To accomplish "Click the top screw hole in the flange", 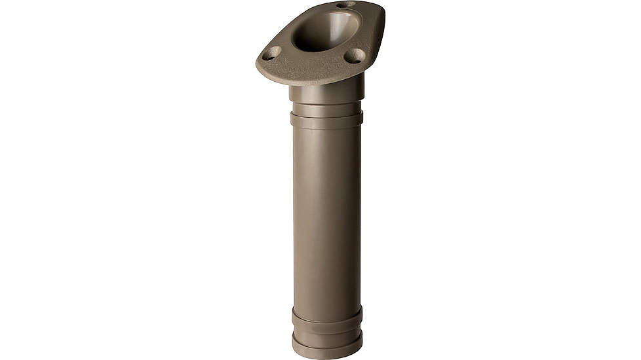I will pos(346,5).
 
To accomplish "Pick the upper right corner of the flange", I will pos(380,10).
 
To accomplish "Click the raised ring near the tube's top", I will pos(326,119).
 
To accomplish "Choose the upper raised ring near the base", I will pos(326,315).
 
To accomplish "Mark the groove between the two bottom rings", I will pos(326,329).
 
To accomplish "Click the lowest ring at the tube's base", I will pos(326,344).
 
